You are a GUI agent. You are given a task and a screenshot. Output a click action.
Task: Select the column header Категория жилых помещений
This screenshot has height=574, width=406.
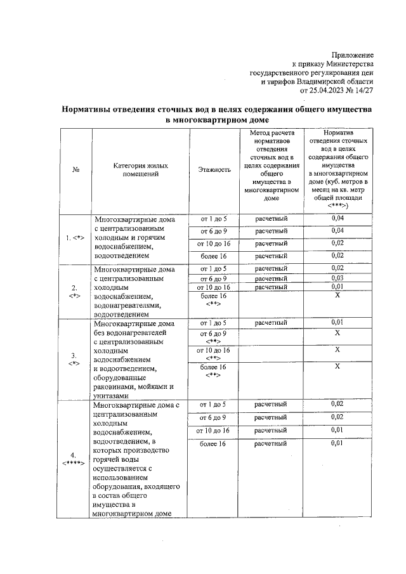click(136, 169)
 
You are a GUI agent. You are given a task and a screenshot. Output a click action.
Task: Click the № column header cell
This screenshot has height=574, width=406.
click(75, 170)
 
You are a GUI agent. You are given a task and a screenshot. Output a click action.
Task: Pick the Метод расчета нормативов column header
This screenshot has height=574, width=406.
click(271, 165)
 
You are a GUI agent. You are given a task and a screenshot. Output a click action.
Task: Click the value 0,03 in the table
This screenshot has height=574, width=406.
click(337, 278)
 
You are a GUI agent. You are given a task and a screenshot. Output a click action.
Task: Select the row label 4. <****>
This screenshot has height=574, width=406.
click(74, 459)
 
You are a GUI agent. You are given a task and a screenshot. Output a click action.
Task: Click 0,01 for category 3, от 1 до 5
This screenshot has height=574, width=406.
click(337, 323)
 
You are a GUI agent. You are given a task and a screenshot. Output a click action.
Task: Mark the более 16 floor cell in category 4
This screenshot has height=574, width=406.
click(213, 443)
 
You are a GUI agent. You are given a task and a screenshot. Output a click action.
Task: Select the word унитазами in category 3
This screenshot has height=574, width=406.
click(112, 395)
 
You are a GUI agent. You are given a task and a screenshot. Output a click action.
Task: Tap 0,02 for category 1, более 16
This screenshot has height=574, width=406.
click(337, 255)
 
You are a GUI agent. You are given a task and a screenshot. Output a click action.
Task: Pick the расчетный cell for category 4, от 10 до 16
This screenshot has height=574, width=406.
click(271, 430)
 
